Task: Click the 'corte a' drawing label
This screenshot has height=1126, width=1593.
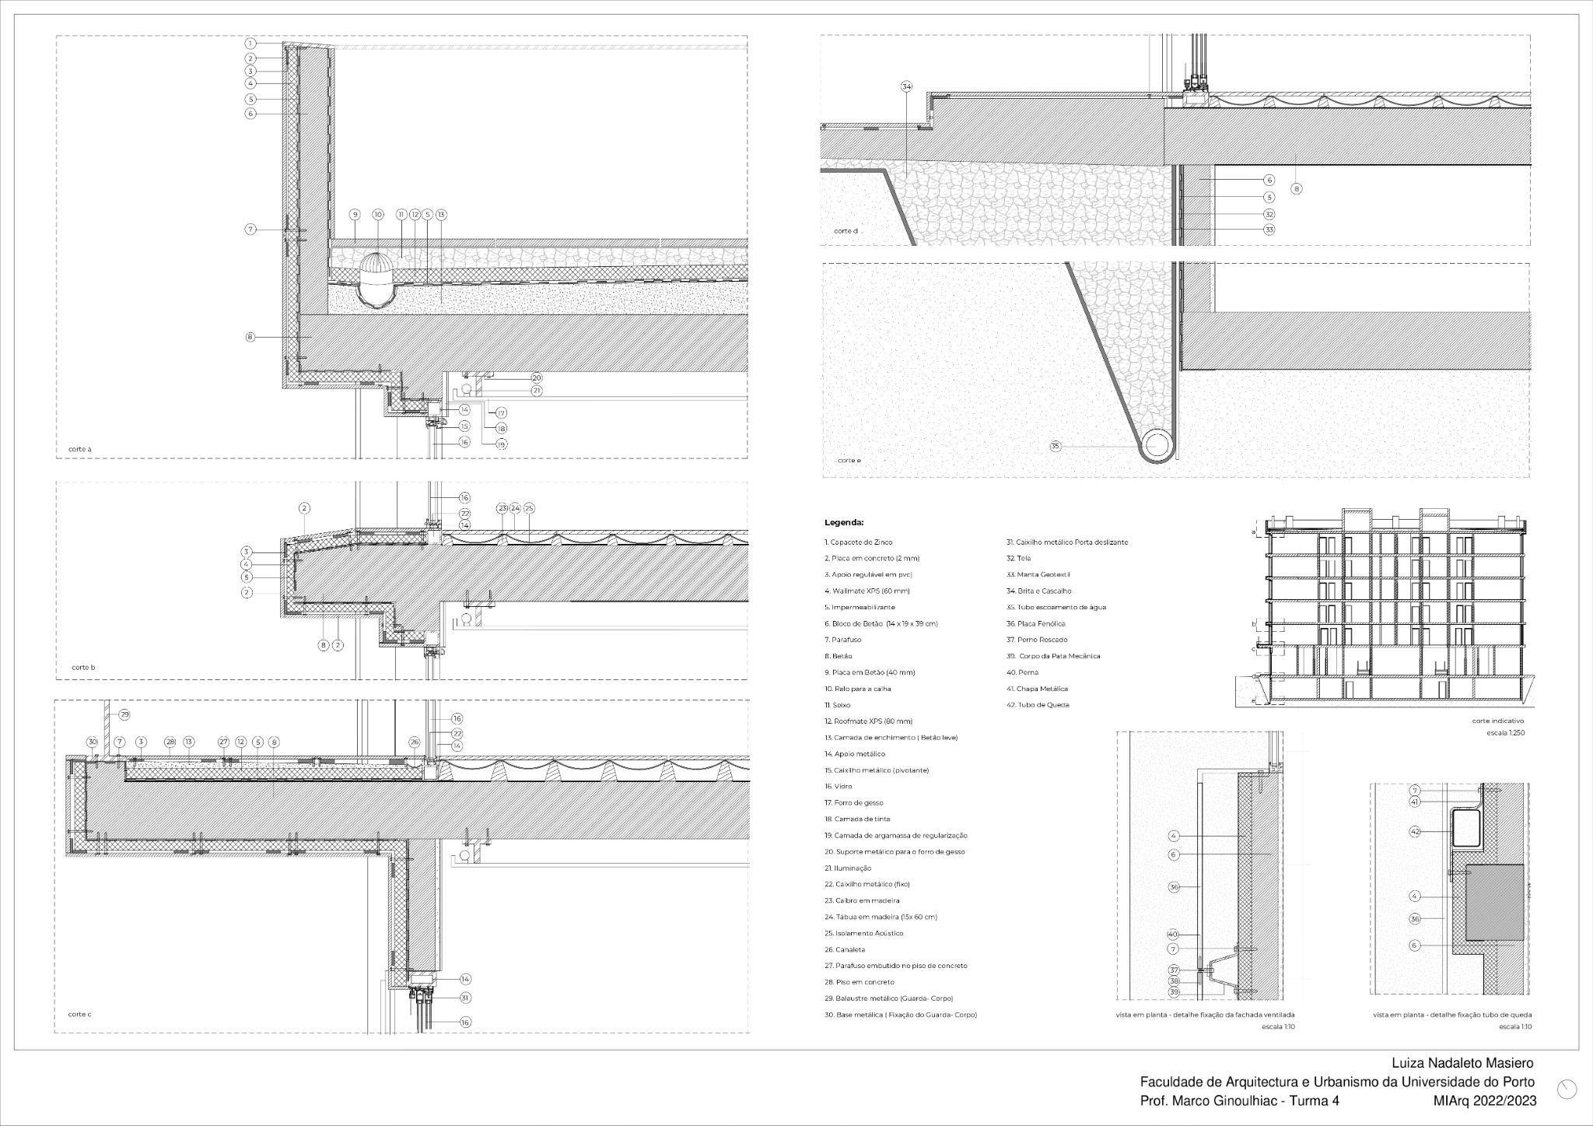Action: [x=80, y=449]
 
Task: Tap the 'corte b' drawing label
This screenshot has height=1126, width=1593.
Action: [x=83, y=668]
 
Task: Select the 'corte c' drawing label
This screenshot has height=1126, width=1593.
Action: [x=80, y=1014]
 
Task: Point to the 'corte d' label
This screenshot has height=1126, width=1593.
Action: [x=846, y=231]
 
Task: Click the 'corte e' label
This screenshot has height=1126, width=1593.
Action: [x=849, y=461]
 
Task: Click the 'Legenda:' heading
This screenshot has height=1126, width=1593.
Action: [x=844, y=523]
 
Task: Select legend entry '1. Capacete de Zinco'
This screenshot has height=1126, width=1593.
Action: [x=859, y=542]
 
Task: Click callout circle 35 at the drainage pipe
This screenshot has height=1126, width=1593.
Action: [x=1056, y=447]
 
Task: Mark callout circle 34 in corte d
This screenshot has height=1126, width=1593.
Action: [x=906, y=86]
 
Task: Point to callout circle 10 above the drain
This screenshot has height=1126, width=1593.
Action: [x=378, y=215]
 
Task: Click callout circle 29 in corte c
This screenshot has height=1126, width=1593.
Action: [x=124, y=714]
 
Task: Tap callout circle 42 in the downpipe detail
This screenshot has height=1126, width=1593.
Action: [x=1416, y=832]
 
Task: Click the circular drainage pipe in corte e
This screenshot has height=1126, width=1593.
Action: [x=1157, y=445]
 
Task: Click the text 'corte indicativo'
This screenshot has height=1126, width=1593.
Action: [x=1498, y=721]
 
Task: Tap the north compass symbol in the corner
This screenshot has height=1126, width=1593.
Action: [x=1567, y=1089]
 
